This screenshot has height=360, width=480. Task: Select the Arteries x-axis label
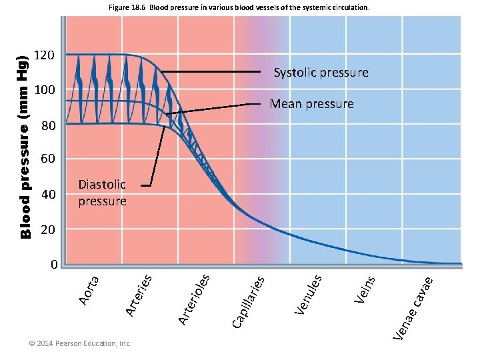pos(140,294)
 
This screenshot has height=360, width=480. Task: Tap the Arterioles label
pos(195,298)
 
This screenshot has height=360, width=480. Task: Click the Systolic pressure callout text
pos(321,73)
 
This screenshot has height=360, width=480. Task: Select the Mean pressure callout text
pos(311,104)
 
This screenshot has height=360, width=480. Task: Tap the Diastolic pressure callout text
pos(102,193)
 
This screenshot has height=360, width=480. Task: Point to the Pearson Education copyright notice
pos(79,343)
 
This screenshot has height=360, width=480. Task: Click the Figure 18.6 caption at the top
pos(238,8)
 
